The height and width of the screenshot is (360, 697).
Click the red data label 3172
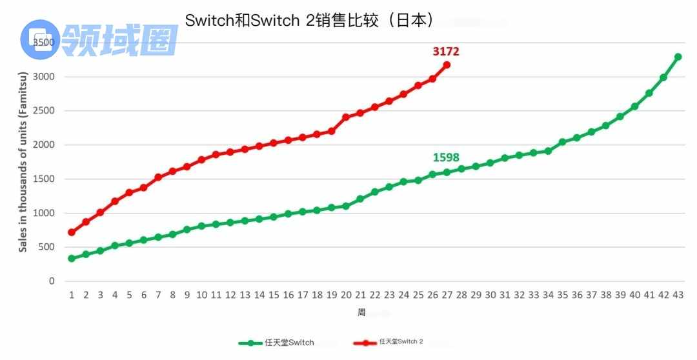tap(446, 51)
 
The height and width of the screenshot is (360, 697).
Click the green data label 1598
tap(446, 157)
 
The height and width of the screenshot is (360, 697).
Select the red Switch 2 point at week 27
tap(447, 65)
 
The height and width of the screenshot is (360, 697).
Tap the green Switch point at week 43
tap(678, 57)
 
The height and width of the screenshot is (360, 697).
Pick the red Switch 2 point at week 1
tap(72, 232)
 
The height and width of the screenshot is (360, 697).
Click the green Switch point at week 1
tap(72, 259)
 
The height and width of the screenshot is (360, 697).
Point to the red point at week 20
tap(346, 117)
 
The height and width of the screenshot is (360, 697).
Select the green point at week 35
tap(562, 142)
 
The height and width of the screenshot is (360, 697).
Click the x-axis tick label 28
tap(461, 295)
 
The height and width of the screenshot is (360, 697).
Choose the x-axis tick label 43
tap(678, 295)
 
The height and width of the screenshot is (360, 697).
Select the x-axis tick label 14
tap(259, 295)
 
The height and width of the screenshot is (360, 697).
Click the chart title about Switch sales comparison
tap(308, 20)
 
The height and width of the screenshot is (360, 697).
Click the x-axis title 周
tap(362, 312)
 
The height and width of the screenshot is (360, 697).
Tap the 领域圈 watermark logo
tap(100, 39)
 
